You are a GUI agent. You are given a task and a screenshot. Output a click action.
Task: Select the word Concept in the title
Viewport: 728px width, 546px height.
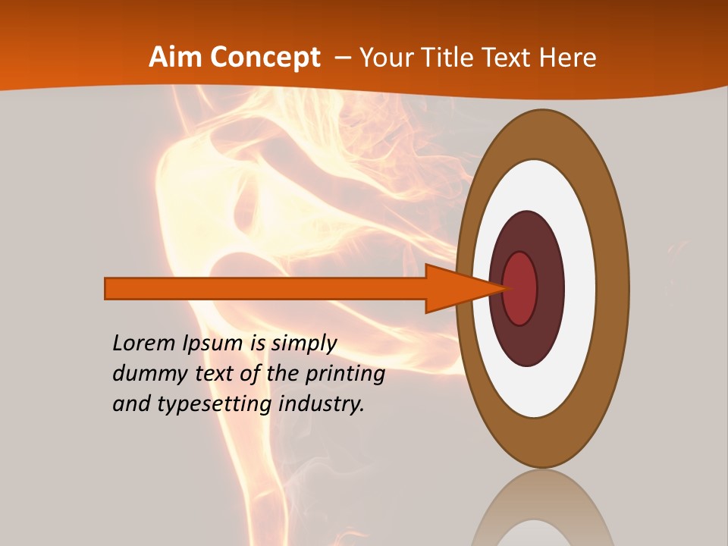click(265, 58)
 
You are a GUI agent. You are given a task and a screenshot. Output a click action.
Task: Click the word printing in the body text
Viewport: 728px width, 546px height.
click(345, 375)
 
